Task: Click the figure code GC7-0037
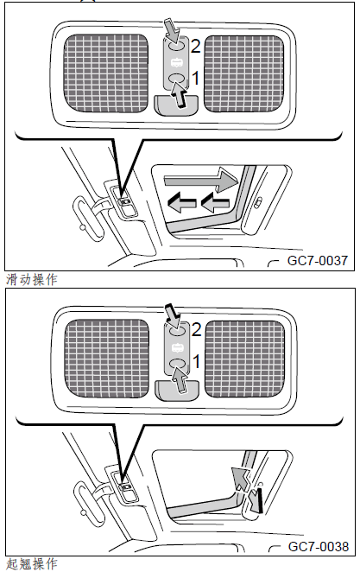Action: [317, 260]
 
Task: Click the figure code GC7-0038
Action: [318, 546]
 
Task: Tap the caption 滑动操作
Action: [32, 279]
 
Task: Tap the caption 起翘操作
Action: [32, 564]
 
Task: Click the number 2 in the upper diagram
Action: [196, 47]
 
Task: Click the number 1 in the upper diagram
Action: [196, 78]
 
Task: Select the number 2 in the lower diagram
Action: [196, 330]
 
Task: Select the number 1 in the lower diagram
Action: [196, 361]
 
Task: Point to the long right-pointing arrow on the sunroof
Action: [201, 180]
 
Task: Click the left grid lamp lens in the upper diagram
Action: [106, 73]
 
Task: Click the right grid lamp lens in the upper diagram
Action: [243, 73]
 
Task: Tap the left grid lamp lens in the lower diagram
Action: [107, 359]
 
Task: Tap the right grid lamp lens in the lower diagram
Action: [245, 359]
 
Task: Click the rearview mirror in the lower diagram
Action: [89, 503]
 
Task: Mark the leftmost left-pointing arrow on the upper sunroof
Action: [181, 204]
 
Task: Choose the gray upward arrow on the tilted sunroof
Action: [240, 479]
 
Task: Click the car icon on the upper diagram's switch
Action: [176, 63]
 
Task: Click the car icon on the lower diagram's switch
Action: [177, 347]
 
